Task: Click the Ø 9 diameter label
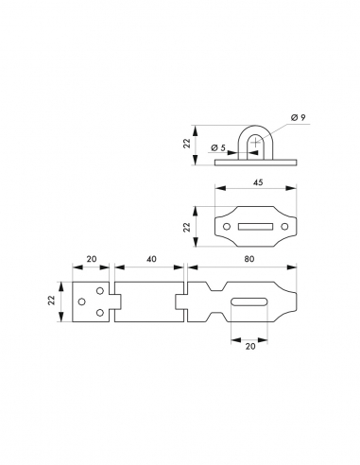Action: pos(298,118)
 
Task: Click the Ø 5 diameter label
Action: pos(218,147)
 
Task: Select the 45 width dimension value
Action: pos(258,182)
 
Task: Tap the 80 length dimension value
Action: pos(249,259)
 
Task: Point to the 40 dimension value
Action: pos(151,259)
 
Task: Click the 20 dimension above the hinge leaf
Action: pos(92,259)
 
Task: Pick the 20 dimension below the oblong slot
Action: pos(250,346)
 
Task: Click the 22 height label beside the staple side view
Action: pos(188,144)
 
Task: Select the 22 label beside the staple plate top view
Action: pos(188,227)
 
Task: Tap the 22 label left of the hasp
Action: pos(52,300)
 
